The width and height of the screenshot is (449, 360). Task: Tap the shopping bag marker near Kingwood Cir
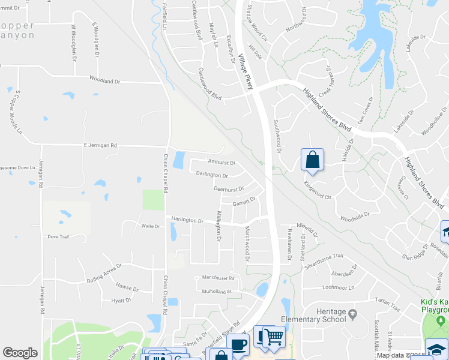(312, 160)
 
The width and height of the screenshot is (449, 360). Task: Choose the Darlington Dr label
(212, 175)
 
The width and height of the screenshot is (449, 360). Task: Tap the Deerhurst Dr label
(229, 188)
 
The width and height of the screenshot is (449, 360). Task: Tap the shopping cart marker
(273, 338)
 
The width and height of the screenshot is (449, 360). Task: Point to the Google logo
(20, 353)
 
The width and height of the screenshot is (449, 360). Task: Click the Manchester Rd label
(218, 278)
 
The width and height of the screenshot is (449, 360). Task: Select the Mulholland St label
(217, 291)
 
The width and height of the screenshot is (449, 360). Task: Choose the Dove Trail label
(58, 237)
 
